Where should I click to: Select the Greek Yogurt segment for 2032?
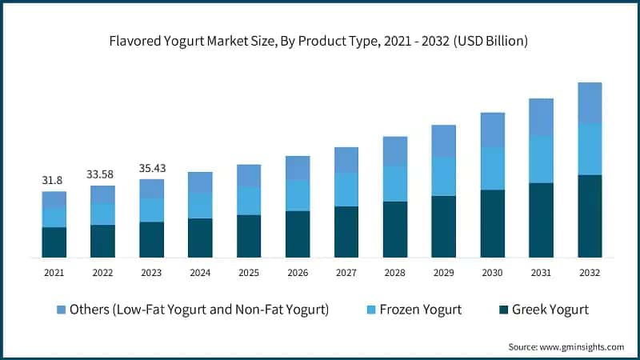590,216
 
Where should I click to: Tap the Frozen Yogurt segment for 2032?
590,149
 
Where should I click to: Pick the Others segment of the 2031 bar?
541,117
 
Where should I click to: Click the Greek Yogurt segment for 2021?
54,242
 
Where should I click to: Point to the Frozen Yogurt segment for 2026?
298,195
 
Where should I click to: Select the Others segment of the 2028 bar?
395,150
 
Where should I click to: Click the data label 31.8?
54,181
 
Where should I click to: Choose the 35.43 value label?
151,168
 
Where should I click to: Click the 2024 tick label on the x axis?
200,273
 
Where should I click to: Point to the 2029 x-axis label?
444,273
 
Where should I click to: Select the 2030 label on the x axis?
493,273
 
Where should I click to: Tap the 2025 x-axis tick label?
249,273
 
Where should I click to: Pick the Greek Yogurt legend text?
550,310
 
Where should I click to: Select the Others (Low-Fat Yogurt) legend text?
199,310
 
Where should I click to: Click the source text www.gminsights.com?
566,346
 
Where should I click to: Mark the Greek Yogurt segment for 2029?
444,226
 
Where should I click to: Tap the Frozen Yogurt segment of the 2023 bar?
151,210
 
